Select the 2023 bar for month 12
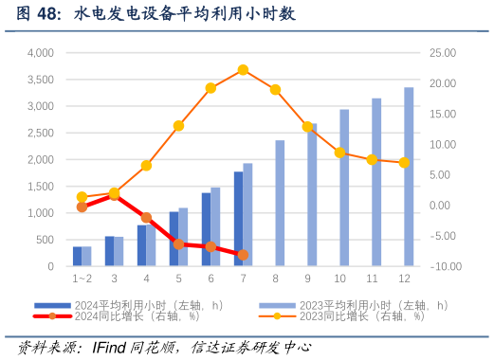coord(409,177)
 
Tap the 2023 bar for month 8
coord(280,204)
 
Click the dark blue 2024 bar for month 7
coord(238,219)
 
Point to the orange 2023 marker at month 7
coord(243,69)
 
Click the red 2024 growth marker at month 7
coord(243,255)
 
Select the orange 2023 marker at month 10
coord(339,153)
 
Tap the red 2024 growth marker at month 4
coord(146,218)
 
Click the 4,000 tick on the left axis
coord(41,53)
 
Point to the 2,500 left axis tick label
coord(41,134)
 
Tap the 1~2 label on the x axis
coord(82,279)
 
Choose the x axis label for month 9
coord(307,279)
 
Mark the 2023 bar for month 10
coord(344,188)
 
